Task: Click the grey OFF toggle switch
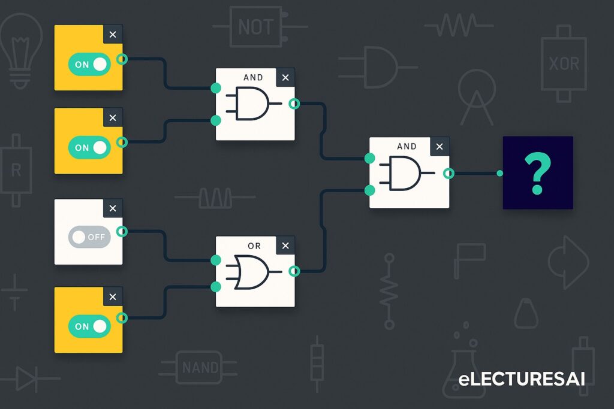click(89, 237)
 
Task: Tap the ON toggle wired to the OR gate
click(89, 326)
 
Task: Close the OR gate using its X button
click(285, 246)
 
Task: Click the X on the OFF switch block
click(113, 208)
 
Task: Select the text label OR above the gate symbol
click(254, 246)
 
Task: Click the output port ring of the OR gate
click(294, 271)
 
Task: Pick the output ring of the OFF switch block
click(122, 232)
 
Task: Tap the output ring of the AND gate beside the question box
click(448, 174)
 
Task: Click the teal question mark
click(537, 173)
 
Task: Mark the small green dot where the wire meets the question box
click(499, 174)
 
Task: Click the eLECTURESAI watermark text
click(521, 379)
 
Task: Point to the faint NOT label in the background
click(256, 27)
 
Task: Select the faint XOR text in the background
click(564, 63)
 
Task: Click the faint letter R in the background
click(16, 171)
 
